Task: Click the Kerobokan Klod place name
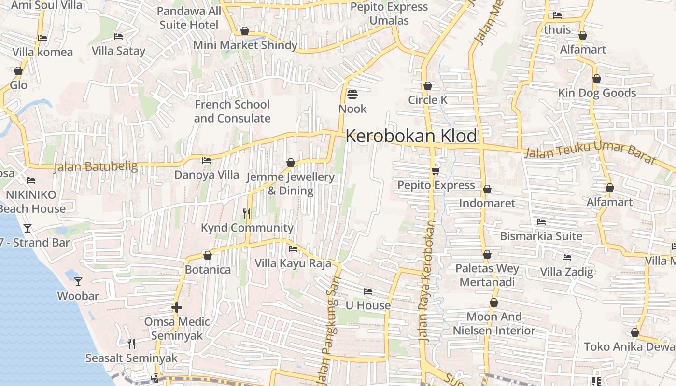point(411,136)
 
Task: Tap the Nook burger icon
point(352,94)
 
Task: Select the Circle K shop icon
point(427,86)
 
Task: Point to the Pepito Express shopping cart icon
point(436,171)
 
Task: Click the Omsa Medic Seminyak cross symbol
point(177,307)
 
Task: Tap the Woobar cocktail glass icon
point(78,281)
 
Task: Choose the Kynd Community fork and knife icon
point(247,213)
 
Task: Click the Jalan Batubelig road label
point(96,167)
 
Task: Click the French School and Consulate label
point(232,111)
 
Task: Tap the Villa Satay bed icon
point(118,37)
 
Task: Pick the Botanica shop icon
point(208,255)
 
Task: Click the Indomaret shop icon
point(487,189)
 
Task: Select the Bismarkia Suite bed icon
point(541,222)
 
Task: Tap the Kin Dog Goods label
point(597,93)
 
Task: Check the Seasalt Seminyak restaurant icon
point(131,344)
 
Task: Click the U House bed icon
point(368,291)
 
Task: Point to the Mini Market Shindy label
point(245,45)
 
